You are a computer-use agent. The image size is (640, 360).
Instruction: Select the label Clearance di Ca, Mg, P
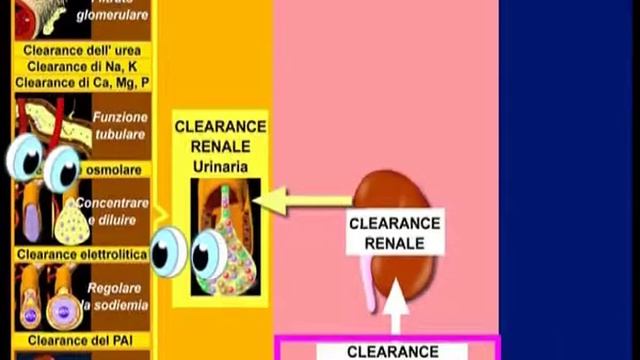[x=82, y=82]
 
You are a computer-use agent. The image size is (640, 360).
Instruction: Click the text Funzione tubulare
[x=119, y=125]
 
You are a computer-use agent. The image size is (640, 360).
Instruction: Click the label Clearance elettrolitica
[x=82, y=255]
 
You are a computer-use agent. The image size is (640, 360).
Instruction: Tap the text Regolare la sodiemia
[x=119, y=296]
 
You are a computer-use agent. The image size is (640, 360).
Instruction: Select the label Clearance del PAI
[x=83, y=340]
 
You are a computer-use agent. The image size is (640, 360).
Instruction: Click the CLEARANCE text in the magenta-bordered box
[x=392, y=351]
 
